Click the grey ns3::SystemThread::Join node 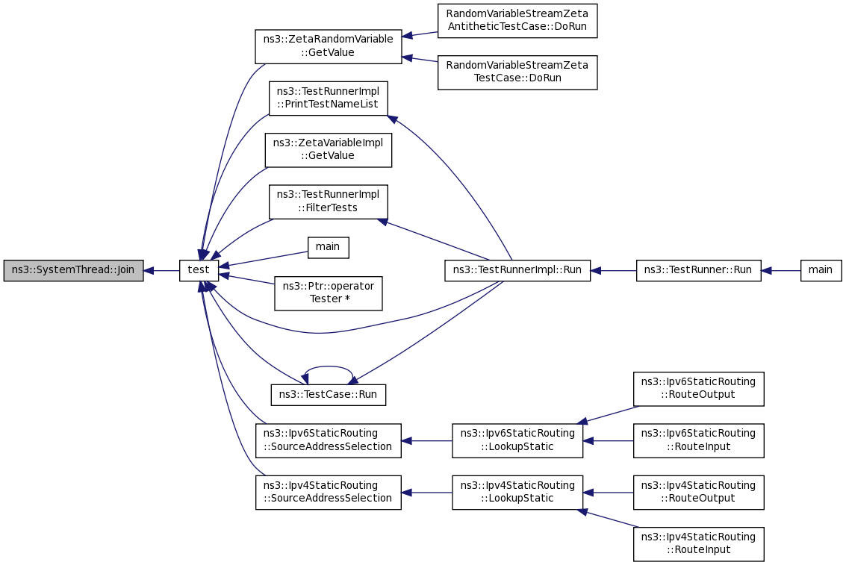click(x=73, y=270)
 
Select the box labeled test click(x=199, y=270)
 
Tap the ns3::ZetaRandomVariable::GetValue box click(x=328, y=46)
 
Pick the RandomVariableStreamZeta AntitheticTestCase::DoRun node click(x=517, y=21)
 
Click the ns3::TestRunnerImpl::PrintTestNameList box click(x=328, y=98)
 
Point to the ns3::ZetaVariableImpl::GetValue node click(x=328, y=150)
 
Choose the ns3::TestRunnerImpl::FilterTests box click(x=328, y=202)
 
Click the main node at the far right click(x=821, y=270)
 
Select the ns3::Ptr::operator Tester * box click(x=328, y=293)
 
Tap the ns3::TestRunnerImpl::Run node click(x=517, y=270)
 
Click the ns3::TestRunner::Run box click(x=699, y=270)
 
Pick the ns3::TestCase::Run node click(x=328, y=395)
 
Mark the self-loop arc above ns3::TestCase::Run click(x=328, y=367)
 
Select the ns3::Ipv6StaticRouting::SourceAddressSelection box click(x=328, y=440)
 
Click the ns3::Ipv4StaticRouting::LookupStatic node click(x=517, y=492)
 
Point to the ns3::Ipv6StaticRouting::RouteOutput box click(x=699, y=389)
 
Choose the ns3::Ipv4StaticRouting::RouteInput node click(x=699, y=544)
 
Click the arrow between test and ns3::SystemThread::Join click(x=161, y=270)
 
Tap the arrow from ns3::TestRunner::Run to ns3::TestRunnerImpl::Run click(x=614, y=270)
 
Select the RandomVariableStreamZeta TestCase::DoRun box click(x=517, y=72)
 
